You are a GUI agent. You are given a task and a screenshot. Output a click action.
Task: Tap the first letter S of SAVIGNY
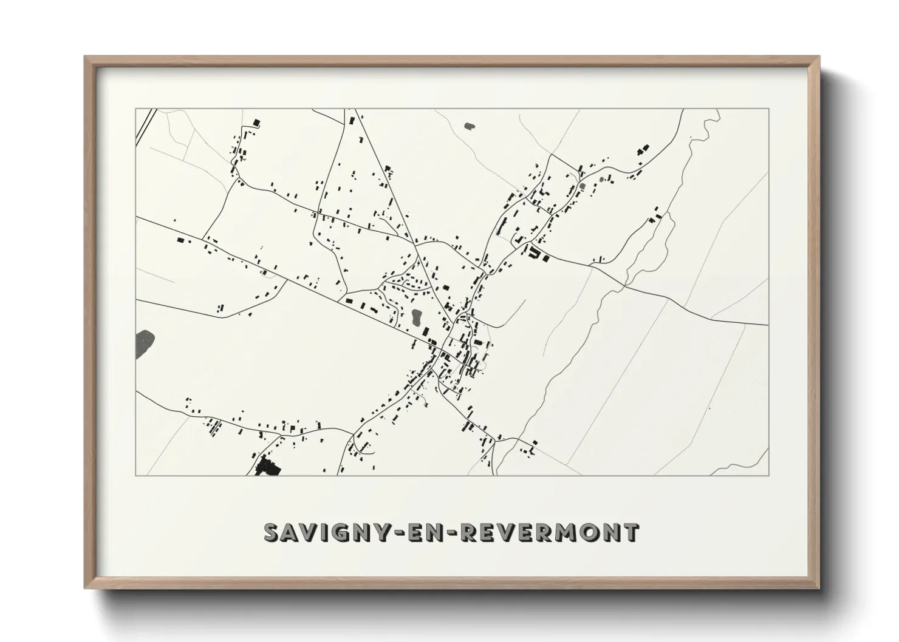[x=272, y=532]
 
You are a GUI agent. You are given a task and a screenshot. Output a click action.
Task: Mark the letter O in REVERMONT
[x=588, y=532]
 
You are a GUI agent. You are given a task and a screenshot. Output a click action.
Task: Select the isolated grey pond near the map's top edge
[x=469, y=126]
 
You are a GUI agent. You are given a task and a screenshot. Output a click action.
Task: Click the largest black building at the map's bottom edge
[x=267, y=467]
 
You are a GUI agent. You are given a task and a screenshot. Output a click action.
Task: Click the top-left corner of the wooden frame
[x=86, y=57]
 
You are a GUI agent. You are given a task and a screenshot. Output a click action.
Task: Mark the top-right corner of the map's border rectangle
[x=768, y=109]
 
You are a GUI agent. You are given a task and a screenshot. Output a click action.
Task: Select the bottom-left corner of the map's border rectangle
[x=136, y=475]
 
